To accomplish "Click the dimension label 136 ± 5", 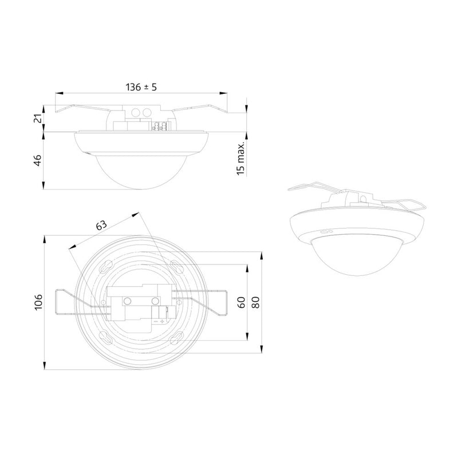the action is point(141,87).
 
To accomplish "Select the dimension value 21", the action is point(38,119).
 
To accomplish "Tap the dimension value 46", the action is point(38,161).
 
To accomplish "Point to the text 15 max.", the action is point(240,159).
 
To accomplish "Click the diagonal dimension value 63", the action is point(101,225).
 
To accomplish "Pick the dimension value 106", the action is point(38,302).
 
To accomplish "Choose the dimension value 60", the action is point(242,302).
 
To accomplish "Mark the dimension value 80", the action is point(255,302).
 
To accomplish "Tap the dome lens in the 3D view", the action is point(357,257).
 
